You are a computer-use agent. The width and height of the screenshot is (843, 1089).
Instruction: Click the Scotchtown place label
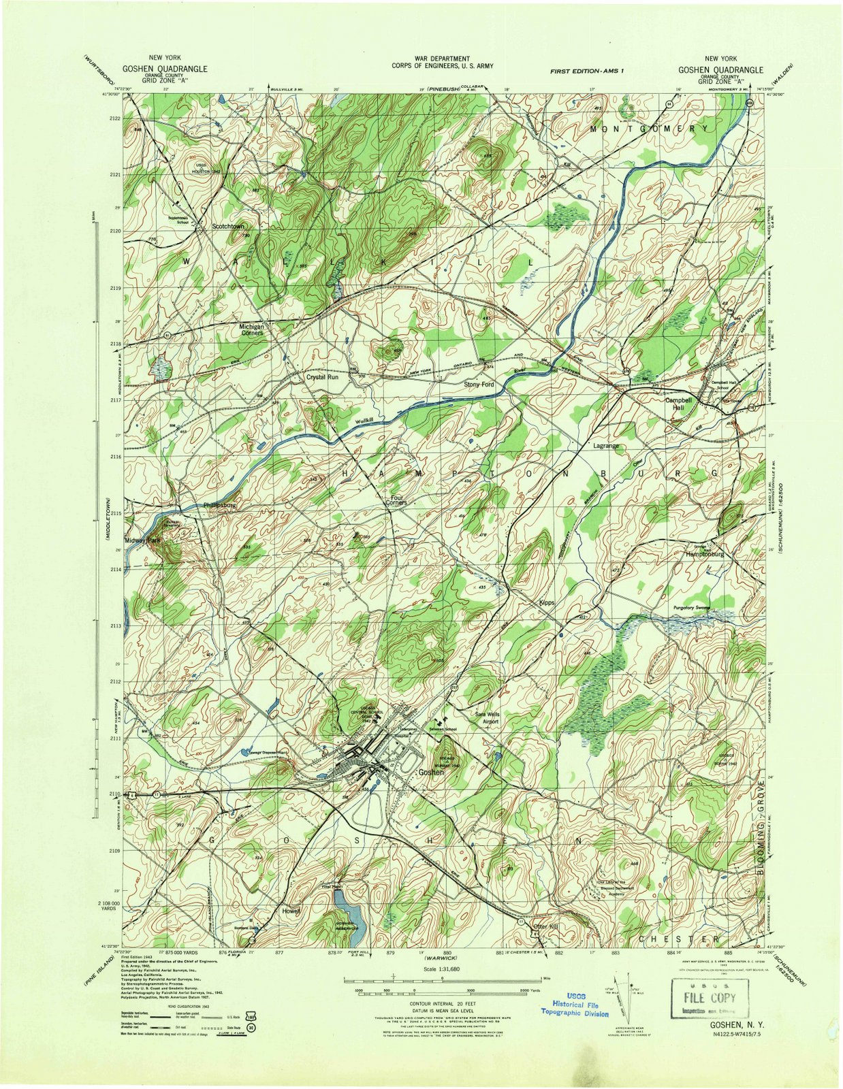[227, 225]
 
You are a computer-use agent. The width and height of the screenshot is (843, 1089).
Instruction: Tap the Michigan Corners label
[251, 330]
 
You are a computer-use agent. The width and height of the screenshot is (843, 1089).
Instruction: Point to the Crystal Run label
[322, 376]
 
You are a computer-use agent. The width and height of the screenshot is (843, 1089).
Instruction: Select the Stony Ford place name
[479, 385]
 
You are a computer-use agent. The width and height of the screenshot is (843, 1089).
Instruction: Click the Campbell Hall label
[678, 404]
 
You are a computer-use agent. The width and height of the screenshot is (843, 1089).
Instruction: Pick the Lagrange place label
[606, 446]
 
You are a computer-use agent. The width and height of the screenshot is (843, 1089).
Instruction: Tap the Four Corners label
[398, 500]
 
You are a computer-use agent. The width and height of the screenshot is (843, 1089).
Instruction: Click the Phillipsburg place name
[219, 506]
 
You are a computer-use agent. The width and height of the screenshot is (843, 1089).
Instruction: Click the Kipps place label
[547, 603]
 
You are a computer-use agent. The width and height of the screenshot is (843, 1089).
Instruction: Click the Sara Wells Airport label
[488, 718]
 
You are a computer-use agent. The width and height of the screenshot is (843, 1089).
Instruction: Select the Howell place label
[290, 911]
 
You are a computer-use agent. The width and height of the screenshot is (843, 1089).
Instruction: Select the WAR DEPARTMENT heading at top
[441, 59]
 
